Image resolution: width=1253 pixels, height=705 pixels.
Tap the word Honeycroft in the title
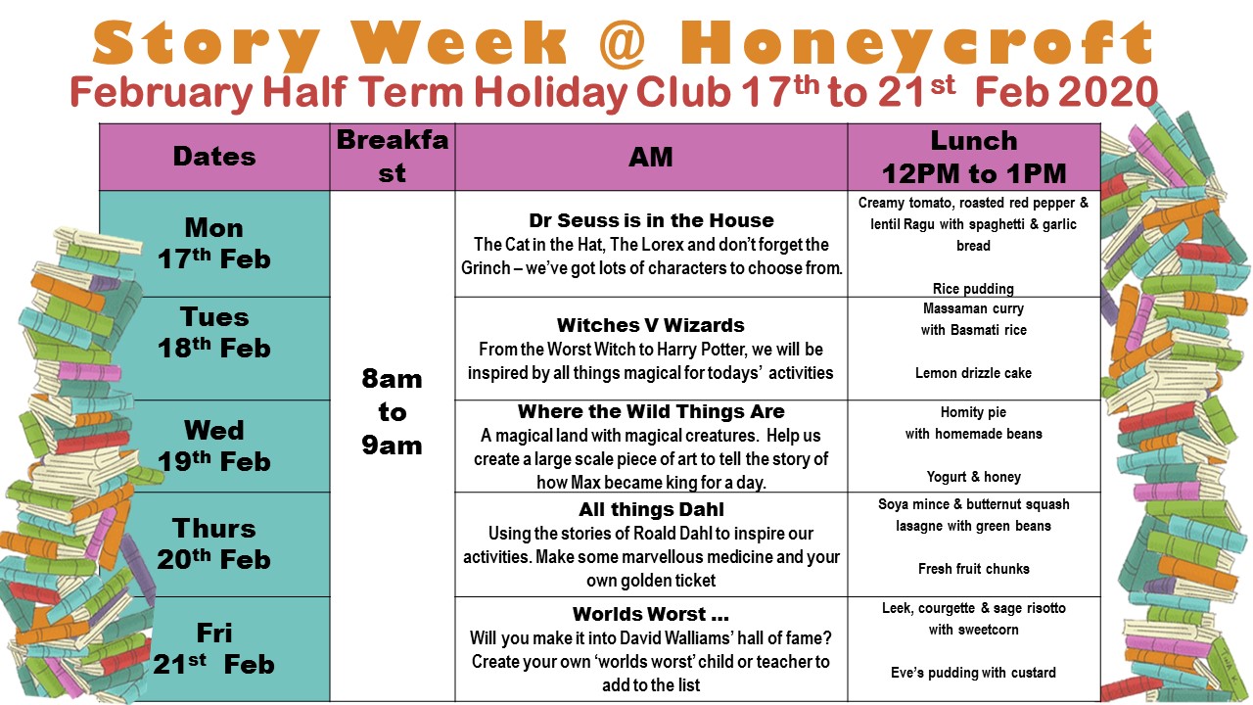pyautogui.click(x=916, y=45)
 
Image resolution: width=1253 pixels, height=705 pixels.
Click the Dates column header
pyautogui.click(x=214, y=157)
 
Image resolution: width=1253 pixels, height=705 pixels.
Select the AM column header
pyautogui.click(x=651, y=157)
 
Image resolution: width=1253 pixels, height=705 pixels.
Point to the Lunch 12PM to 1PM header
pyautogui.click(x=974, y=157)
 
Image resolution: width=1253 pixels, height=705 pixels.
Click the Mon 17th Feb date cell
pyautogui.click(x=214, y=244)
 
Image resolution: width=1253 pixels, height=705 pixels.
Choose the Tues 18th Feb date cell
pyautogui.click(x=214, y=332)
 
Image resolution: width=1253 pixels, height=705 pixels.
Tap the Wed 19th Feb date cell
pyautogui.click(x=214, y=446)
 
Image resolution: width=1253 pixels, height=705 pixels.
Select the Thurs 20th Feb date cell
pyautogui.click(x=214, y=543)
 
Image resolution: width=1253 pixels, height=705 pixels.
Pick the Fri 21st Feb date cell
pyautogui.click(x=214, y=649)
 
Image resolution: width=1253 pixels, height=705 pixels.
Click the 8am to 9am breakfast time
pyautogui.click(x=392, y=412)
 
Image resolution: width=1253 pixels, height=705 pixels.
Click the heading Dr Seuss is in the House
pyautogui.click(x=651, y=220)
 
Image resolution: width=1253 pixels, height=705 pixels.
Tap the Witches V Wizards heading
pyautogui.click(x=651, y=325)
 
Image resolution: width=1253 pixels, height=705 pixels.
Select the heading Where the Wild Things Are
pyautogui.click(x=651, y=411)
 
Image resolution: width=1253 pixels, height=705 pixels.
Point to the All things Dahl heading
pyautogui.click(x=651, y=509)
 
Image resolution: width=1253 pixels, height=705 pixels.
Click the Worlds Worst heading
pyautogui.click(x=651, y=614)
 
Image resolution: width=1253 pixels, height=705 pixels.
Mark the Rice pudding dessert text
pyautogui.click(x=973, y=289)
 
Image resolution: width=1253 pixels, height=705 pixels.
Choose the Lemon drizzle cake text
pyautogui.click(x=973, y=373)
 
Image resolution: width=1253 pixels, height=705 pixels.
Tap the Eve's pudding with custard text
pyautogui.click(x=973, y=673)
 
